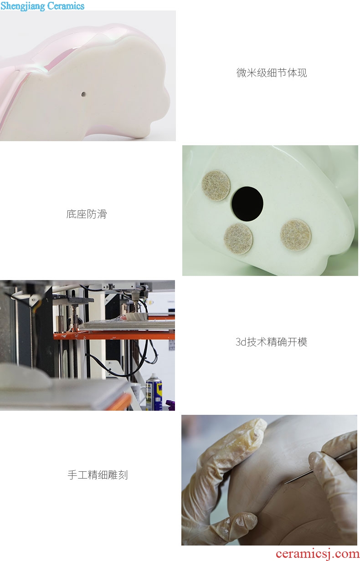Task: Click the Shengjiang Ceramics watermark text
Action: pos(42,6)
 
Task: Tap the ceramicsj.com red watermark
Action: pos(317,554)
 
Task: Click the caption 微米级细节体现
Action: pos(272,73)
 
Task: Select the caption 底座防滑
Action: pos(87,214)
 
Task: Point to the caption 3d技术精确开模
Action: pos(271,342)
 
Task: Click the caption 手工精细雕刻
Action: pos(98,475)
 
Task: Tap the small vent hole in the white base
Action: pos(83,94)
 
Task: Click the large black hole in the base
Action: pos(247,204)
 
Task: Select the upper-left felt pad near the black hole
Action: pos(216,186)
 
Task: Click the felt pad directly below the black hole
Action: pos(238,239)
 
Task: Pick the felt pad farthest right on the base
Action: pos(296,235)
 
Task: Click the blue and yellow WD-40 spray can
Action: pos(154,392)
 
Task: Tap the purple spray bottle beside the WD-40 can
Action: pos(171,405)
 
